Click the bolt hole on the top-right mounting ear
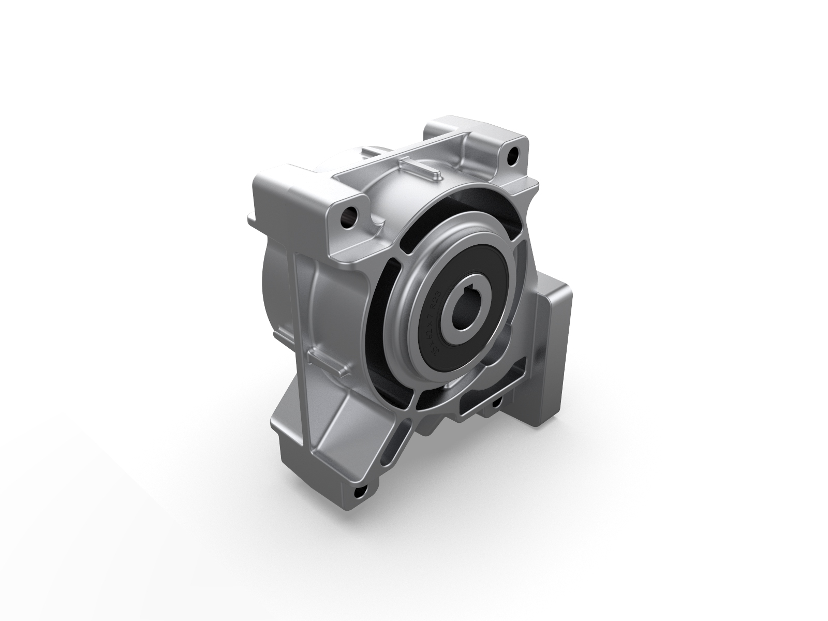(512, 154)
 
